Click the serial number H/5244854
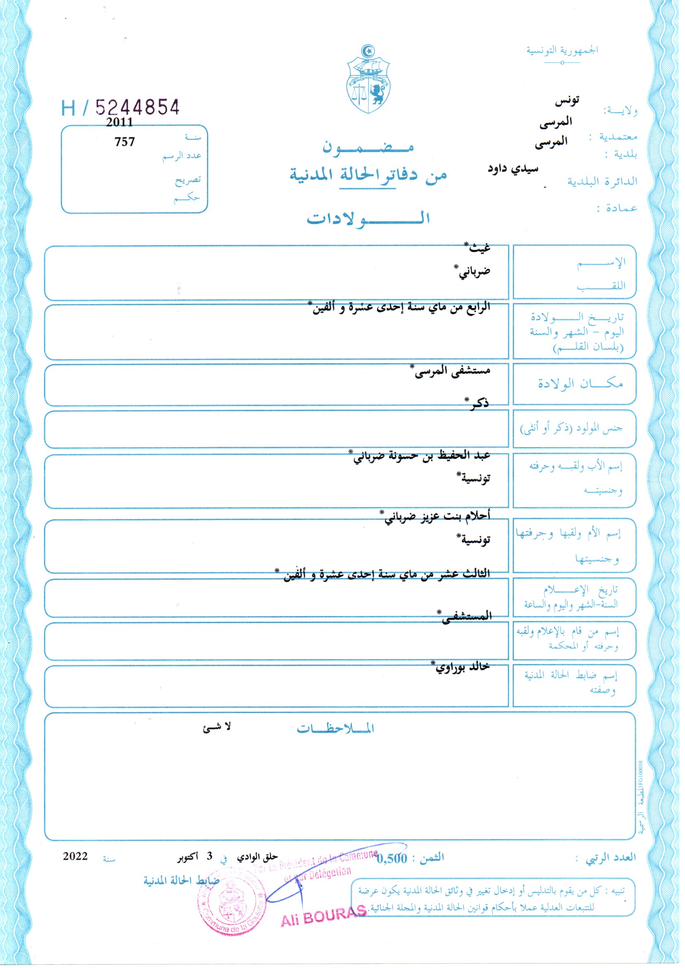121,108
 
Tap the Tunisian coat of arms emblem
369,80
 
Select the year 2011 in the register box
119,123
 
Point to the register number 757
124,142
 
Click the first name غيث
478,248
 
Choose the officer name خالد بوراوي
462,667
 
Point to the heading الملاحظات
335,729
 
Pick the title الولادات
368,218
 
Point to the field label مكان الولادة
580,384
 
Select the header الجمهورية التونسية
562,51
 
